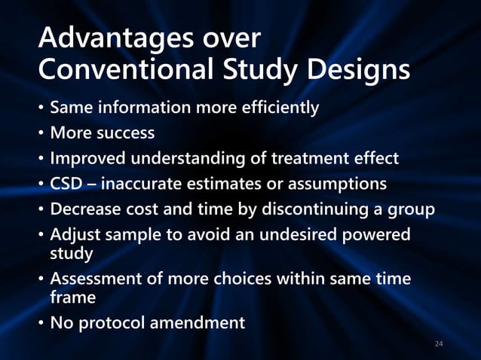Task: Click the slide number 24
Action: coord(440,344)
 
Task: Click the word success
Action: coord(124,133)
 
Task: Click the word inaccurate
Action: coord(145,185)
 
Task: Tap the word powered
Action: coord(376,236)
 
